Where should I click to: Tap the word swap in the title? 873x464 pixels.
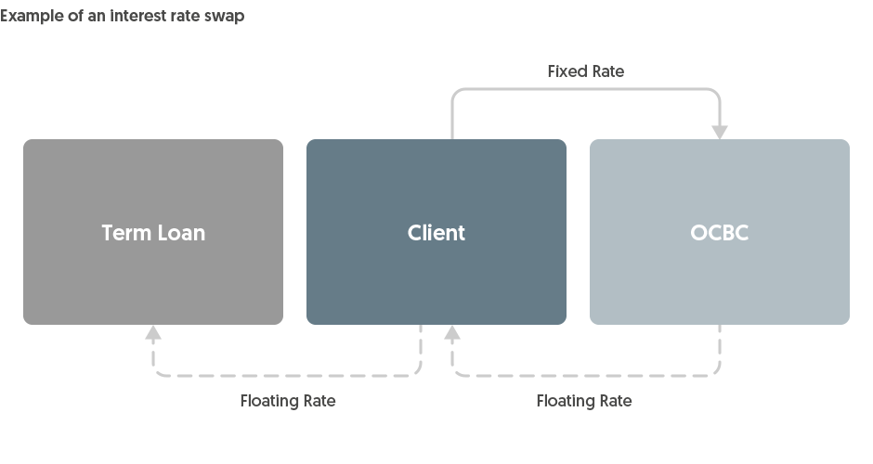(225, 16)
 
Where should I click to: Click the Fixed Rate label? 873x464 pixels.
(585, 71)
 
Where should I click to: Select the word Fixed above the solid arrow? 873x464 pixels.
(566, 71)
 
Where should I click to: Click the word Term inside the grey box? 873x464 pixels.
(125, 233)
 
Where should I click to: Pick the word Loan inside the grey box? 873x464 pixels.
(180, 233)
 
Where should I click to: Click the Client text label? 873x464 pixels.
(436, 233)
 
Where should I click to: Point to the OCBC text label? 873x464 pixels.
(720, 233)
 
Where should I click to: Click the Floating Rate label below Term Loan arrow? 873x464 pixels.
(288, 401)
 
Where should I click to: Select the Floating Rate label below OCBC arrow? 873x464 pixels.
(584, 401)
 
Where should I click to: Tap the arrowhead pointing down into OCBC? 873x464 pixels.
(720, 132)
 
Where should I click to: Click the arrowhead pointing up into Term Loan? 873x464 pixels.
(153, 333)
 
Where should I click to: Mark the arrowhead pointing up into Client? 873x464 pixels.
(452, 333)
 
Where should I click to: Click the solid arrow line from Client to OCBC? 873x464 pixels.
(585, 90)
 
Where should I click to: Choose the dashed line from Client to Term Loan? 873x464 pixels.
(288, 376)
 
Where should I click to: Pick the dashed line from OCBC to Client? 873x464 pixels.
(585, 376)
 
